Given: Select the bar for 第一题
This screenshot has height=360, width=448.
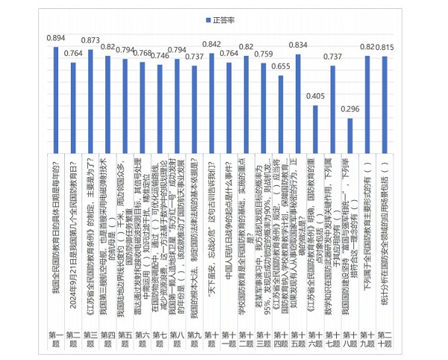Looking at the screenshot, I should coord(56,97).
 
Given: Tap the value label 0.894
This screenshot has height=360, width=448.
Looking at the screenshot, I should coord(56,38).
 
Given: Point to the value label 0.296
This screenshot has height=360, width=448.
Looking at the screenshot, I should coord(349,108).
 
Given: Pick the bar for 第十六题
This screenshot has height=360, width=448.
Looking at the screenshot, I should coord(315,126).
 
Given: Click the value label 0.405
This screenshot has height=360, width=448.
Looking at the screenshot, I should coord(315,96).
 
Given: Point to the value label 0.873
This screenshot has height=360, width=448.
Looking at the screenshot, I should coord(90,40).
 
